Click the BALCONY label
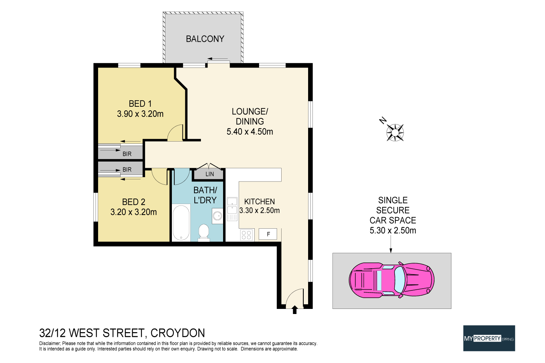(205, 39)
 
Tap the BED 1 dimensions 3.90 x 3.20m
(140, 114)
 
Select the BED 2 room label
(134, 202)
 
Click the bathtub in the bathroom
(181, 222)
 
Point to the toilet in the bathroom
(204, 233)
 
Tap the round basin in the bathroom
(217, 216)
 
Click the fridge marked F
(268, 234)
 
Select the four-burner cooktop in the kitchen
(246, 235)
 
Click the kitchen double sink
(232, 209)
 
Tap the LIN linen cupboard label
(210, 174)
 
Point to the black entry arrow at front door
(295, 310)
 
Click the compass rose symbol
(395, 132)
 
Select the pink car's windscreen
(400, 280)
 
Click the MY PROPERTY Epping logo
(489, 338)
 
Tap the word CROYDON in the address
(178, 333)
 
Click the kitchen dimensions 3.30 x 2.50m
(259, 211)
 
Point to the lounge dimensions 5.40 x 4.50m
(250, 132)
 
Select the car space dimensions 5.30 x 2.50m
(393, 231)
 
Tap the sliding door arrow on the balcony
(218, 59)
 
